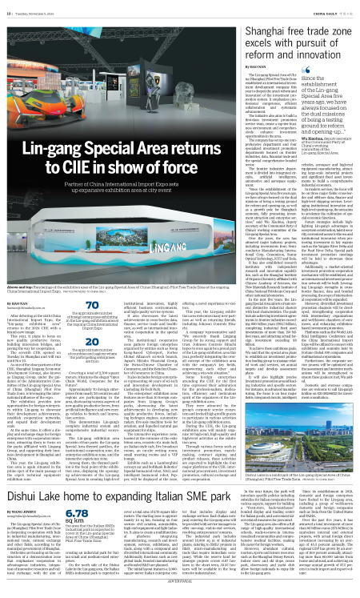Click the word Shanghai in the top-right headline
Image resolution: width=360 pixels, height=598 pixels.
pyautogui.click(x=234, y=24)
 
